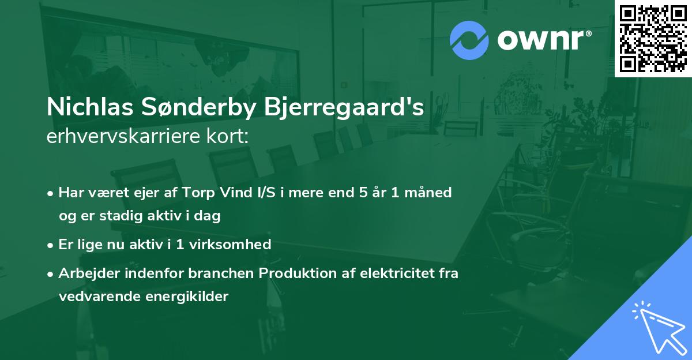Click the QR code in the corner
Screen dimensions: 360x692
tap(653, 39)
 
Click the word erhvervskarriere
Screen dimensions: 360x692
tap(122, 137)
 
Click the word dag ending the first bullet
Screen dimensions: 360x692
tap(210, 216)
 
